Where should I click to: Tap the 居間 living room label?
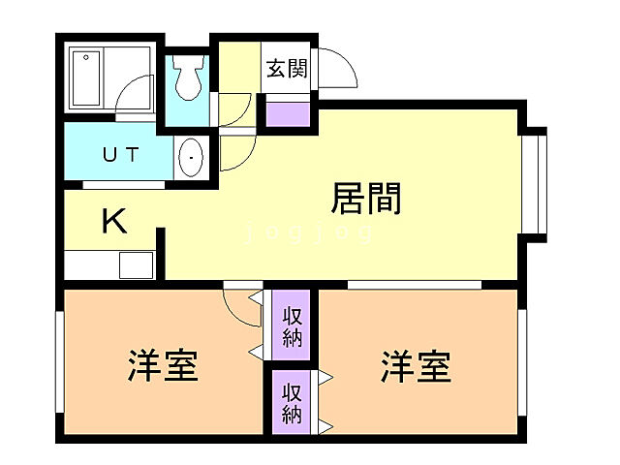(367, 199)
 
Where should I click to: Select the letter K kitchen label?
(114, 222)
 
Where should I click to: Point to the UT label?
(120, 154)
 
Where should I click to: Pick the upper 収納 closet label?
(293, 326)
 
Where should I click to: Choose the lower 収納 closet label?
(292, 403)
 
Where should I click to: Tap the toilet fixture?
(187, 79)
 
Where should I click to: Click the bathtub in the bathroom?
(87, 79)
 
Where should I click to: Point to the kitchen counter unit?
(109, 264)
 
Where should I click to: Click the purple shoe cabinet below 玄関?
(288, 112)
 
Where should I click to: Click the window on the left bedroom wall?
(61, 361)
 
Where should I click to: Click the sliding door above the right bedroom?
(415, 284)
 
